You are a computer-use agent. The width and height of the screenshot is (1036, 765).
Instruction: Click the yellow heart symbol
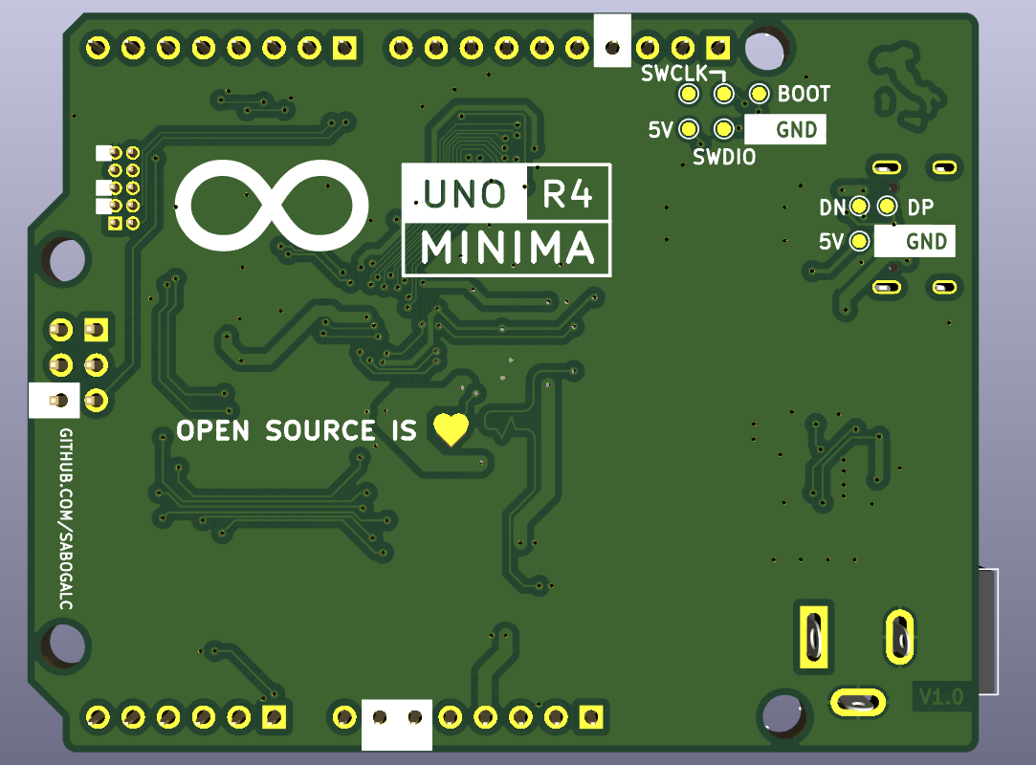pyautogui.click(x=452, y=429)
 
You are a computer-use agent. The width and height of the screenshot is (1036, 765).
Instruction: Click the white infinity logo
pyautogui.click(x=273, y=205)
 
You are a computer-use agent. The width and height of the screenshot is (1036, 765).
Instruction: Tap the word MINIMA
pyautogui.click(x=507, y=250)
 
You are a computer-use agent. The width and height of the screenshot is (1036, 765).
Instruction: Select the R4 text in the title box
pyautogui.click(x=568, y=194)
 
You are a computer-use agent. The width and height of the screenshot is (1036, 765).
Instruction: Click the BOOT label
pyautogui.click(x=804, y=94)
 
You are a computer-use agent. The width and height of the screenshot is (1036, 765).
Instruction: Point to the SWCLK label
pyautogui.click(x=673, y=74)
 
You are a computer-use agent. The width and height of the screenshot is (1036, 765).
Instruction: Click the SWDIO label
pyautogui.click(x=724, y=157)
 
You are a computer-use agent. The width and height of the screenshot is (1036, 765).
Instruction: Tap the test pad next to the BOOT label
pyautogui.click(x=760, y=94)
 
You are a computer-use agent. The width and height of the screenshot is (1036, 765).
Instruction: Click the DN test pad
pyautogui.click(x=859, y=207)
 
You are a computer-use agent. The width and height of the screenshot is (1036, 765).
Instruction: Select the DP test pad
pyautogui.click(x=887, y=207)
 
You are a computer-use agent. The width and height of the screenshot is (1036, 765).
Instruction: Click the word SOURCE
pyautogui.click(x=320, y=430)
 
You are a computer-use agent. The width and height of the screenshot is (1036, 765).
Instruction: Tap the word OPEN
pyautogui.click(x=213, y=430)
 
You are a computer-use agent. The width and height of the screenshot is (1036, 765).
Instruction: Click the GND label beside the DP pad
pyautogui.click(x=926, y=241)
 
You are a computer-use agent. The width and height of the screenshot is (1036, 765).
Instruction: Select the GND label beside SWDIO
pyautogui.click(x=796, y=129)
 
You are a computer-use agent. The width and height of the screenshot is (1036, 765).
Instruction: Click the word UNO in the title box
pyautogui.click(x=465, y=194)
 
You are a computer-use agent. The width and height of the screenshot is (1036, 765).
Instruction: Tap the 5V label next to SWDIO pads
pyautogui.click(x=661, y=129)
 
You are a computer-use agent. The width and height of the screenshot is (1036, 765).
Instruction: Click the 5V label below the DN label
pyautogui.click(x=831, y=241)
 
